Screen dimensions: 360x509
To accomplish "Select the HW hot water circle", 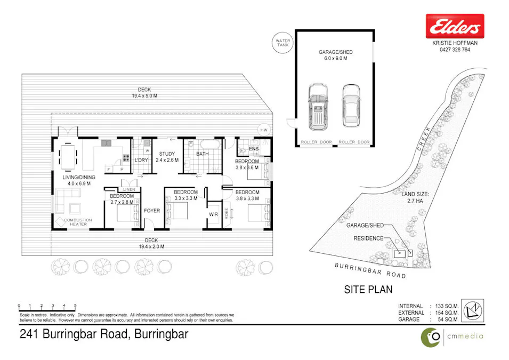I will pos(263,130).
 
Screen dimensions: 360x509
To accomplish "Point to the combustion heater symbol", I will pos(59,220).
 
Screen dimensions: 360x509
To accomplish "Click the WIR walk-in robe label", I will pos(213,214).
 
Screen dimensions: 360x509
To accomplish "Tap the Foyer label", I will pos(152,211).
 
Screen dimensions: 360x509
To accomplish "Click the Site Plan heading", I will pos(368,290).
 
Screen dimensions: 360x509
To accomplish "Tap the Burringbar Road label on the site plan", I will pos(370,270).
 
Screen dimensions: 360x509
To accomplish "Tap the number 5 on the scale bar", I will pos(75,306).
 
